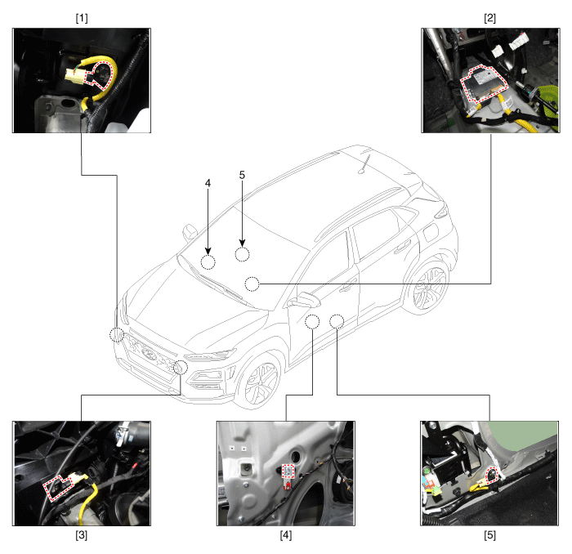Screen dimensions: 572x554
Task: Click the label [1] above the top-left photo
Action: [x=82, y=18]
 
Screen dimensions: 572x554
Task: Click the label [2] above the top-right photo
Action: [x=489, y=18]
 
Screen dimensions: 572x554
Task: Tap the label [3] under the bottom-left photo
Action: [x=82, y=534]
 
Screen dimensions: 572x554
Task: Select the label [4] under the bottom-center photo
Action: [x=286, y=534]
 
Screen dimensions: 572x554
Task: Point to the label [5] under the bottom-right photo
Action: [x=489, y=534]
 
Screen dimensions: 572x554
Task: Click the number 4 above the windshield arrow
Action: [x=208, y=183]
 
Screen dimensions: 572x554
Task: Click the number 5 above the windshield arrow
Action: [x=242, y=175]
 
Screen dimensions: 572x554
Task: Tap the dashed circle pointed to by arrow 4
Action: [x=208, y=261]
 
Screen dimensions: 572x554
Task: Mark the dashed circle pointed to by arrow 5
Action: [x=242, y=254]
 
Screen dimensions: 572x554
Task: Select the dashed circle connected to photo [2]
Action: [x=252, y=284]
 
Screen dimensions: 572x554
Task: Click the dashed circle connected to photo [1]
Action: [x=117, y=334]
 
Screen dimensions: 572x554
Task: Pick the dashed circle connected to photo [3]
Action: [x=181, y=367]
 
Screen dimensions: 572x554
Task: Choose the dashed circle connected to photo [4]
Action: [x=312, y=322]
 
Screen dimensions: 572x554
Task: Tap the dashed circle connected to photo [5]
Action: [x=337, y=322]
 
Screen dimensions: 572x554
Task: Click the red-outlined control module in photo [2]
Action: [x=484, y=84]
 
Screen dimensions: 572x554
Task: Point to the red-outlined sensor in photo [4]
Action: [x=288, y=471]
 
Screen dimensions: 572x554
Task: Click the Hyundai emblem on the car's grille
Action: [x=149, y=354]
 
